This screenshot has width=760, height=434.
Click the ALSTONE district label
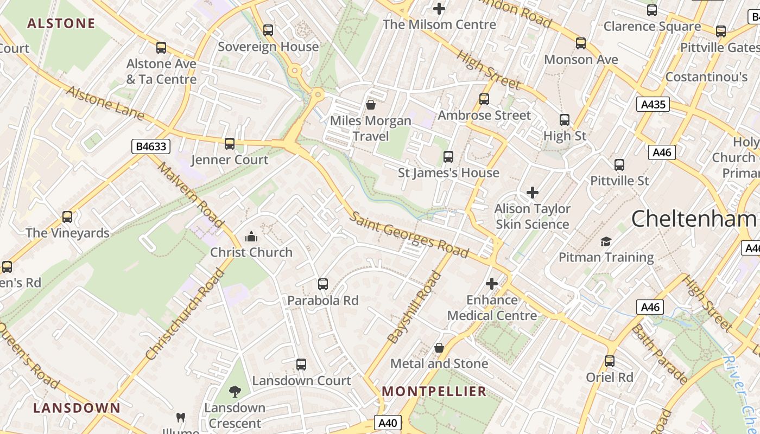[61, 23]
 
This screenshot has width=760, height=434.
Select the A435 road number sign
[653, 104]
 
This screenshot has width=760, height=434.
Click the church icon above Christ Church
[251, 237]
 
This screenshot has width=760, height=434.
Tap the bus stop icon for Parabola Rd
[323, 284]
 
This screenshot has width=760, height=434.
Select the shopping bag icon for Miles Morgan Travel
[371, 105]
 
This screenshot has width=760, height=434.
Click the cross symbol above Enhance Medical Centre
[492, 284]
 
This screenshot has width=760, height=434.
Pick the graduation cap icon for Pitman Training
[606, 241]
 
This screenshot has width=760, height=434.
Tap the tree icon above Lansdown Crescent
[235, 391]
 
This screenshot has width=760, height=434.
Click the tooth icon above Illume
[181, 417]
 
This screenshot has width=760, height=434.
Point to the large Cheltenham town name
[693, 219]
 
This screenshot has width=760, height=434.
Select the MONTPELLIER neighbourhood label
[434, 391]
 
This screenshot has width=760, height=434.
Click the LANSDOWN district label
[77, 407]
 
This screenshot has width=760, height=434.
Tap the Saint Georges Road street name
[409, 234]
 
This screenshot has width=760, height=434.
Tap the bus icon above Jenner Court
[230, 144]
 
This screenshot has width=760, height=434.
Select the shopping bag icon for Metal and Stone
[439, 348]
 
